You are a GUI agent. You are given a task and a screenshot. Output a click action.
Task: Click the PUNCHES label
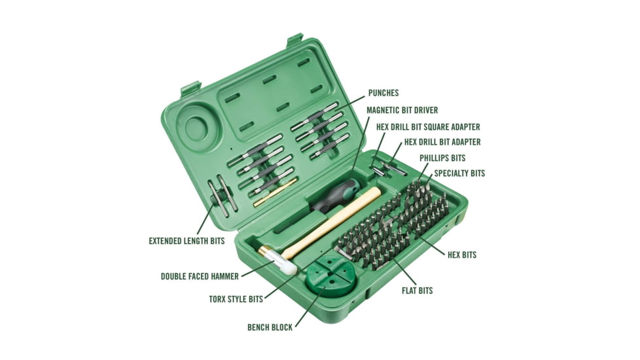coord(383,93)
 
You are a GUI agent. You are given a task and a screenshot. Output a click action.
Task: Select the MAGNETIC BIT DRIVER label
coord(402,110)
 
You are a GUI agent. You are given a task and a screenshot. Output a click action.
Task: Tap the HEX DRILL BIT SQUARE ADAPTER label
coord(428,127)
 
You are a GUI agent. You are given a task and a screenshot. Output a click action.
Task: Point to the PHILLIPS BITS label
coord(442,158)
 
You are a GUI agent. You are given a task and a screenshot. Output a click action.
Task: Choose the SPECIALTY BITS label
coord(459,173)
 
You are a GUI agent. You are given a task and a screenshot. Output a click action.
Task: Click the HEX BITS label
coord(462,255)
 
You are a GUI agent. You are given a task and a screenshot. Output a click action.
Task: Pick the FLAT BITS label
coord(417,291)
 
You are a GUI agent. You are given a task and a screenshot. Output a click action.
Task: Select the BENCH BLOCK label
coord(270,327)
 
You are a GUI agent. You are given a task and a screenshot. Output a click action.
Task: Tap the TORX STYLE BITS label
coord(236,299)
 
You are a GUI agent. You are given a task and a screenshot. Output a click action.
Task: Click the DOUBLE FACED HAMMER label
coord(200,276)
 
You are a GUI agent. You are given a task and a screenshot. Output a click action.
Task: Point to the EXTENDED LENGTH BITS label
coord(187,241)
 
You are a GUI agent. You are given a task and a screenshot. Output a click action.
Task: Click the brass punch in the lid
coord(275,192)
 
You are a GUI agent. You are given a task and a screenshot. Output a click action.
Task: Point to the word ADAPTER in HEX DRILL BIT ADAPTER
coord(463,142)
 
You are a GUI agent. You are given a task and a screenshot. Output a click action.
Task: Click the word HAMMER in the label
coord(225,276)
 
